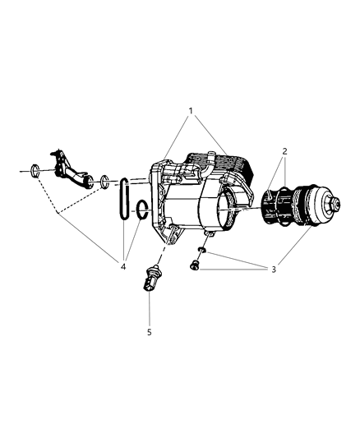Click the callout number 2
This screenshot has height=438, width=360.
(x=284, y=151)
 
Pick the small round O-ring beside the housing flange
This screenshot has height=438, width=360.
(x=141, y=210)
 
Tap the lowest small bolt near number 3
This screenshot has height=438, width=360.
(x=193, y=265)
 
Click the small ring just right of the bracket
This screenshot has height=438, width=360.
(x=105, y=182)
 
